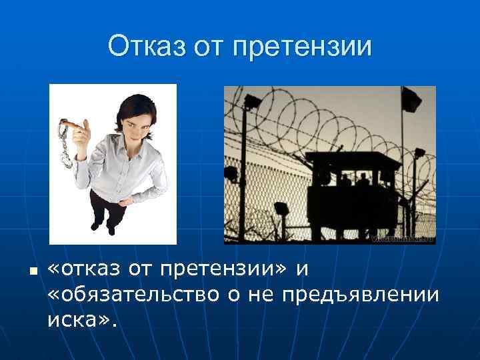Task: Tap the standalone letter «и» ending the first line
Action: tap(301, 269)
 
